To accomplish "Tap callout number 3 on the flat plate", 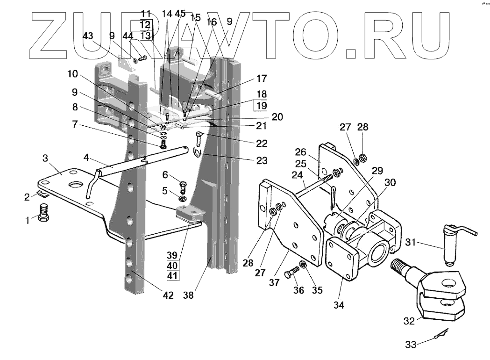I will coord(45,158).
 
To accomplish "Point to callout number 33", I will coord(411,345).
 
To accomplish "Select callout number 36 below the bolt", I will coord(298,290).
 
